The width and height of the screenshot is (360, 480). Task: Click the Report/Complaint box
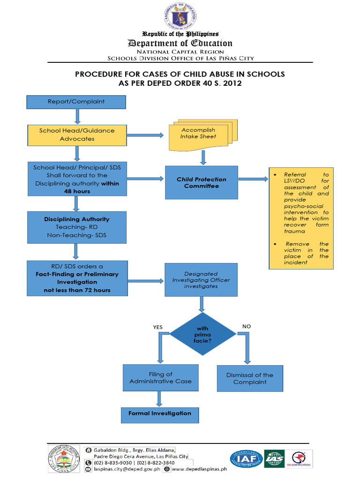tap(76, 102)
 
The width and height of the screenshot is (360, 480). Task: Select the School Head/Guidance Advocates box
tap(77, 135)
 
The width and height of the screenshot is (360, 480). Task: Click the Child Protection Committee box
tap(201, 182)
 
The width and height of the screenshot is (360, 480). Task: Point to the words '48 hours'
tap(77, 191)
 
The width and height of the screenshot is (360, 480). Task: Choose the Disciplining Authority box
tap(77, 227)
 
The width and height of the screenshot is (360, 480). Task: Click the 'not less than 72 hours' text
tap(77, 290)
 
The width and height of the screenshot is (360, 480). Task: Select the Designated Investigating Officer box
tap(201, 279)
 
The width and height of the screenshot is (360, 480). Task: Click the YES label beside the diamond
tap(158, 327)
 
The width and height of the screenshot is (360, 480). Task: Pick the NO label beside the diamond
tap(247, 326)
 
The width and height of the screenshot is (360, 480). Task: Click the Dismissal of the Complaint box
tap(249, 378)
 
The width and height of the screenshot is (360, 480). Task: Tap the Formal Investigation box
tap(160, 413)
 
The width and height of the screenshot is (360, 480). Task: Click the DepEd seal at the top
tap(181, 16)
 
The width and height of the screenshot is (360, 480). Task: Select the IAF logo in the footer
tap(246, 459)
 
